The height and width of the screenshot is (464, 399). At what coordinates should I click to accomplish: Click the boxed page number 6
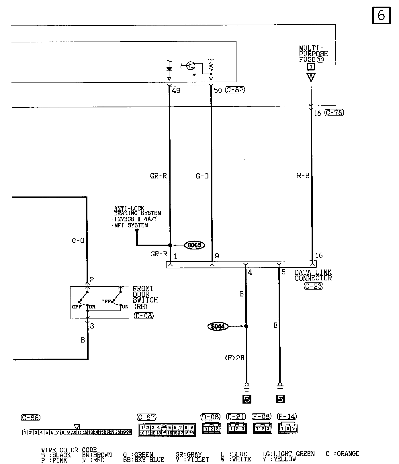tap(381, 15)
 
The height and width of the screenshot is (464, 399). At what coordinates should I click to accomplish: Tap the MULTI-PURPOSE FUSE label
tap(313, 54)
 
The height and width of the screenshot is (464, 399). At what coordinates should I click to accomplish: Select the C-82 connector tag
tap(235, 90)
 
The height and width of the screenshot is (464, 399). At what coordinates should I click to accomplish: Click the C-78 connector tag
tap(334, 113)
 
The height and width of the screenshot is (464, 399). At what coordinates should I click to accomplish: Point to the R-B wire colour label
tap(303, 176)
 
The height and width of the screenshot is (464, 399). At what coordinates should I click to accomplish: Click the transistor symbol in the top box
tap(190, 66)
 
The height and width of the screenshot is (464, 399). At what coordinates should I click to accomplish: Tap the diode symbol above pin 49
tap(169, 69)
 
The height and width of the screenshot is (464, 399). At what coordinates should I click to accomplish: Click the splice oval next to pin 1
tap(195, 245)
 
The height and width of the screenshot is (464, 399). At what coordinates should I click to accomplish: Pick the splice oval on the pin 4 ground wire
tap(218, 326)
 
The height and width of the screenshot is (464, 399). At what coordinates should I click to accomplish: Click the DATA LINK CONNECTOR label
tap(313, 275)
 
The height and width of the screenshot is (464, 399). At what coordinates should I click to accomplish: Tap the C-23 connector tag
tap(313, 286)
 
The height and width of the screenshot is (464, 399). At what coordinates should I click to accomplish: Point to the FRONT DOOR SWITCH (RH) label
tap(145, 297)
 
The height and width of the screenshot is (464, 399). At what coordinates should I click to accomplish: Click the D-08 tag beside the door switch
tap(144, 316)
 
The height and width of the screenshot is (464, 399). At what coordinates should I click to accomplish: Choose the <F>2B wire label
tap(234, 358)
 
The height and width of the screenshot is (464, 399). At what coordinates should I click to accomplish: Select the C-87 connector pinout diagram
tap(167, 430)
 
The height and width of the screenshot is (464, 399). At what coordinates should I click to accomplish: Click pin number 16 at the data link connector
tap(319, 255)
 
